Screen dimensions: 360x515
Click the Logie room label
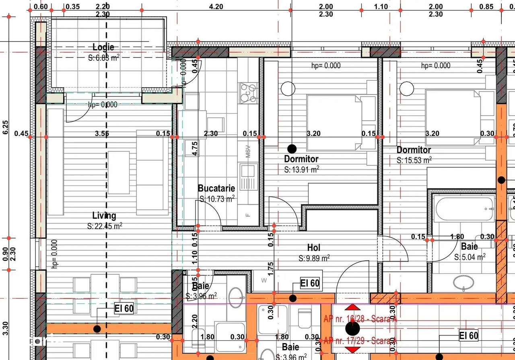tap(103, 47)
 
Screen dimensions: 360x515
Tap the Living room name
tap(104, 216)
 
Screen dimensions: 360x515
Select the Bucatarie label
tap(216, 188)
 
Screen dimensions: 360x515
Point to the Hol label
tap(314, 247)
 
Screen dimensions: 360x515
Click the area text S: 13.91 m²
tap(301, 169)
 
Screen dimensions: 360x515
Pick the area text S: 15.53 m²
tap(414, 160)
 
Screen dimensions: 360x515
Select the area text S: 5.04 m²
tap(470, 257)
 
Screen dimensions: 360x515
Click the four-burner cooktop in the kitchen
tap(248, 93)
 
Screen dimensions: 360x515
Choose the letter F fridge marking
tap(248, 214)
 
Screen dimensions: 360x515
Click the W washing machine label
tap(264, 280)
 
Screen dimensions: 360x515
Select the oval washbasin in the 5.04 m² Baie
tap(464, 283)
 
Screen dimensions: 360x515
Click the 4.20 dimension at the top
tap(216, 6)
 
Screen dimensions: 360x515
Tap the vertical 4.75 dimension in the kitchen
tap(195, 148)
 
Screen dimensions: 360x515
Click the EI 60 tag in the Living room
tap(124, 309)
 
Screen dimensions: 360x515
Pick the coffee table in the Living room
tap(118, 172)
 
